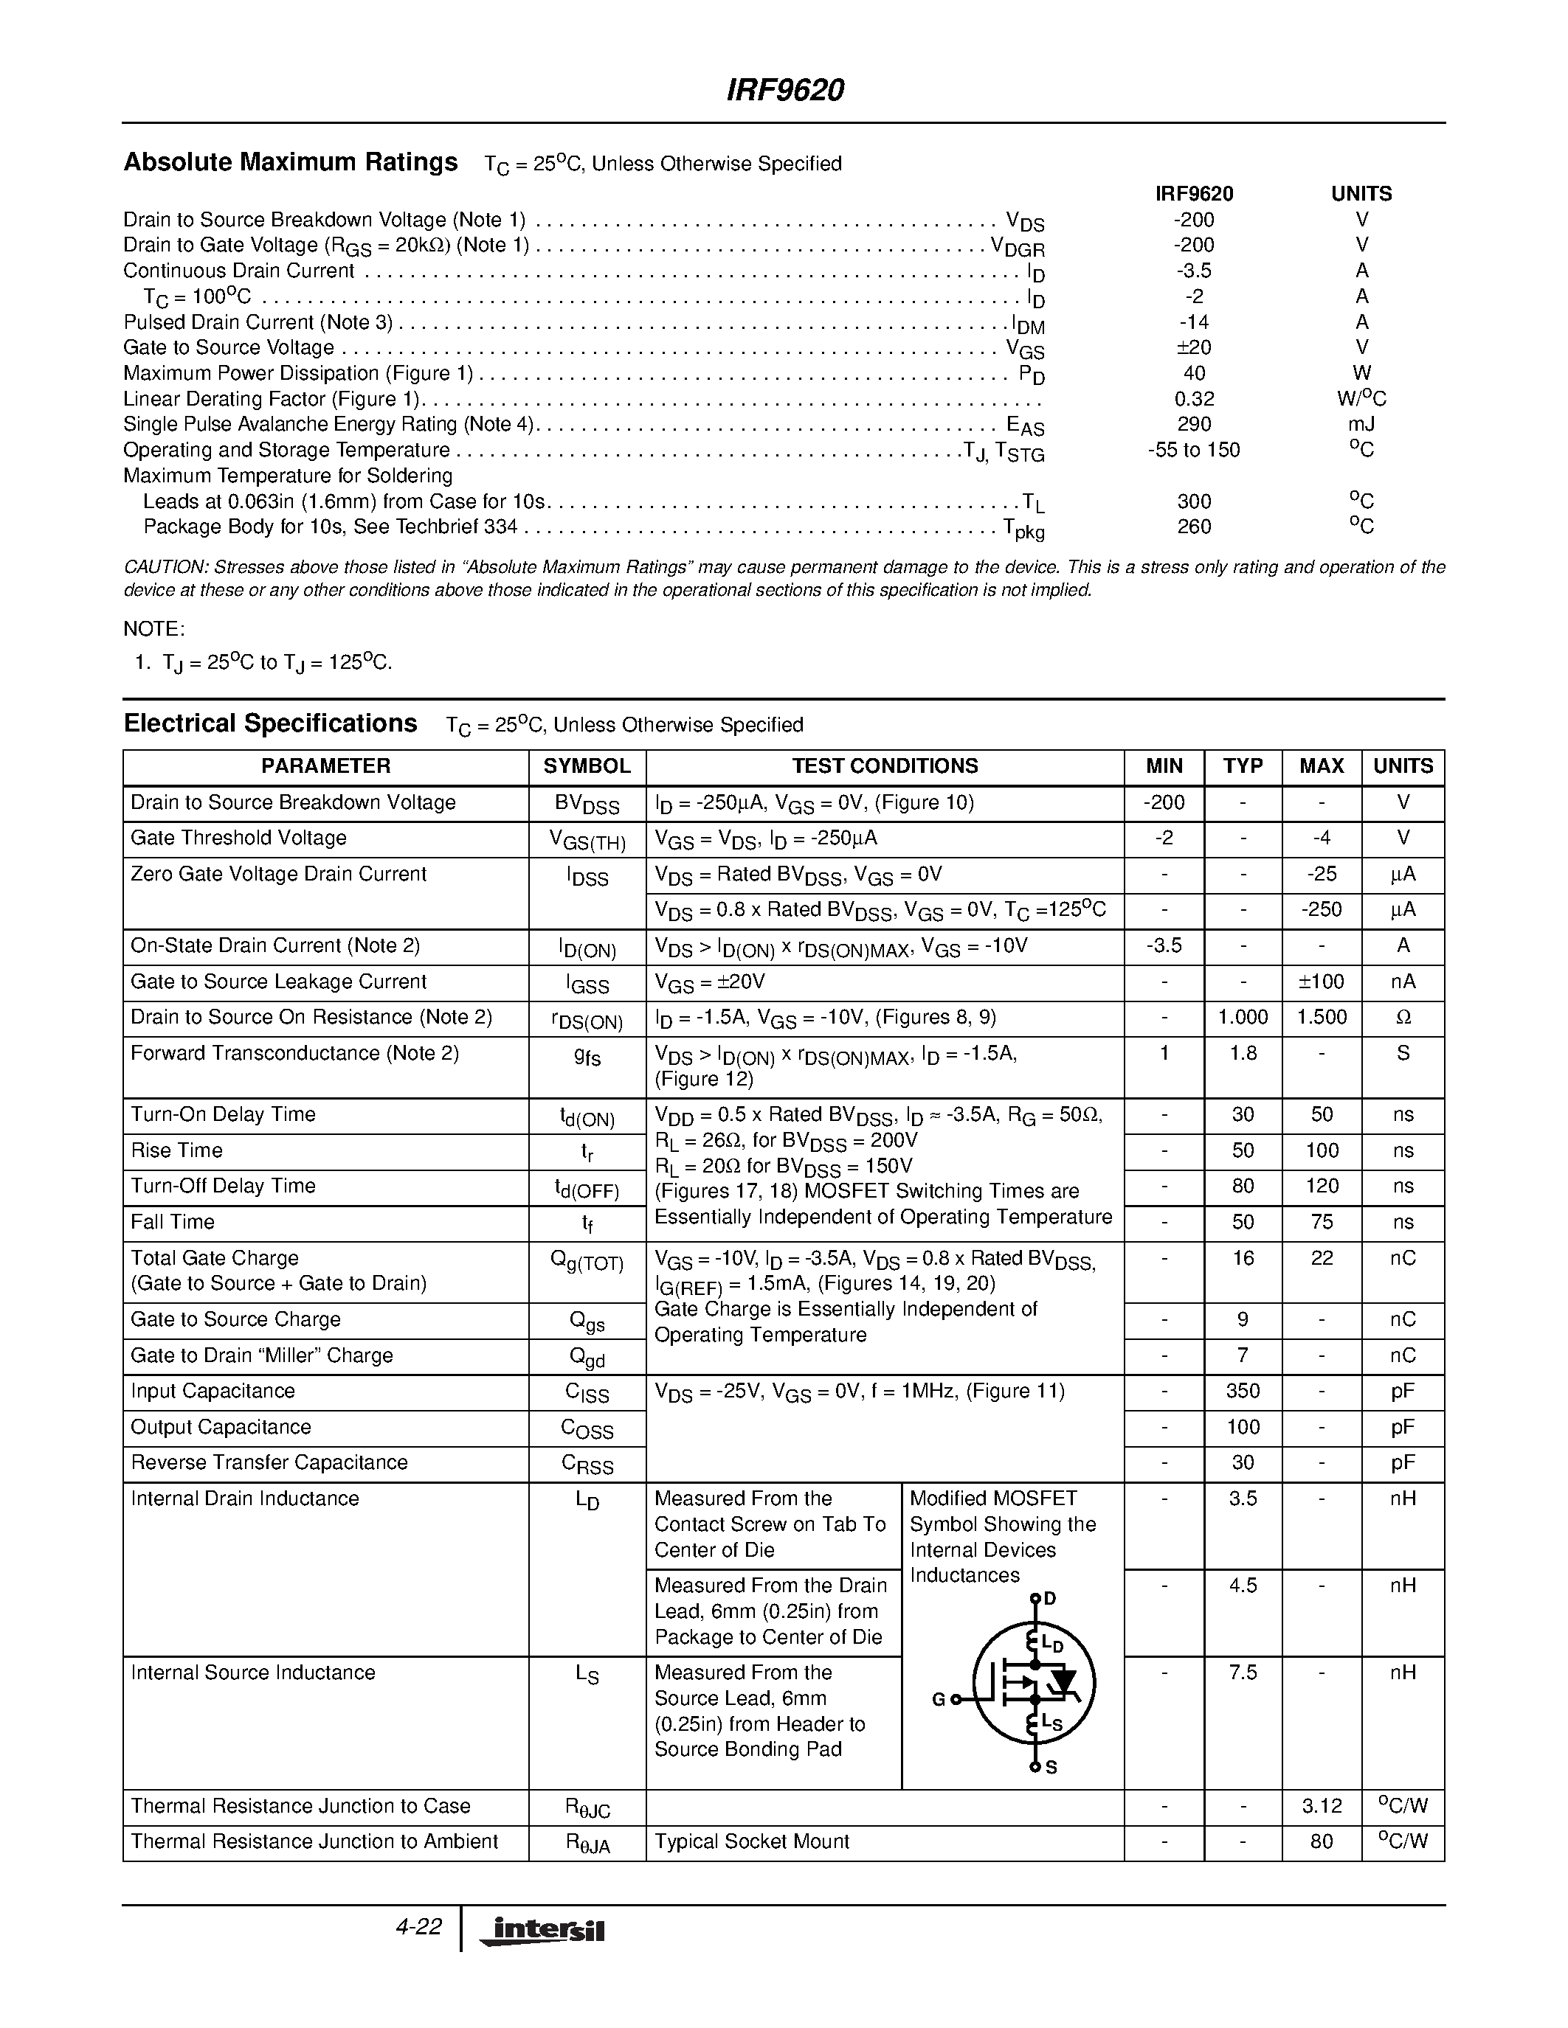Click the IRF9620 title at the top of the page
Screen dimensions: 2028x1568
point(783,91)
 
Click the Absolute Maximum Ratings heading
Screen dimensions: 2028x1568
point(290,162)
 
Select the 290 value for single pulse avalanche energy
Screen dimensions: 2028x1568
point(1194,424)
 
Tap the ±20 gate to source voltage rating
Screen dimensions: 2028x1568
point(1194,347)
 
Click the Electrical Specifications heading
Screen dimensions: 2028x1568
point(270,723)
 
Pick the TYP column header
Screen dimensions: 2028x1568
point(1243,766)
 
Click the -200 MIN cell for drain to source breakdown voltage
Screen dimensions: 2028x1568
point(1164,802)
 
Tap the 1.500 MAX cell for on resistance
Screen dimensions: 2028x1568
point(1321,1017)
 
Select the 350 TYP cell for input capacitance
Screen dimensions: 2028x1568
point(1243,1391)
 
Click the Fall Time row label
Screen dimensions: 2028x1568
point(173,1222)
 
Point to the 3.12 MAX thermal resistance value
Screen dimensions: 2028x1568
point(1321,1806)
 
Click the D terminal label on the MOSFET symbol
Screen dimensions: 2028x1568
point(1050,1599)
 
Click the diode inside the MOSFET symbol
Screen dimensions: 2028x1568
point(1062,1681)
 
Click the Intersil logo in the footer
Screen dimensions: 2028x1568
point(542,1931)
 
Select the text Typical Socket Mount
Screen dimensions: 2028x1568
point(751,1841)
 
